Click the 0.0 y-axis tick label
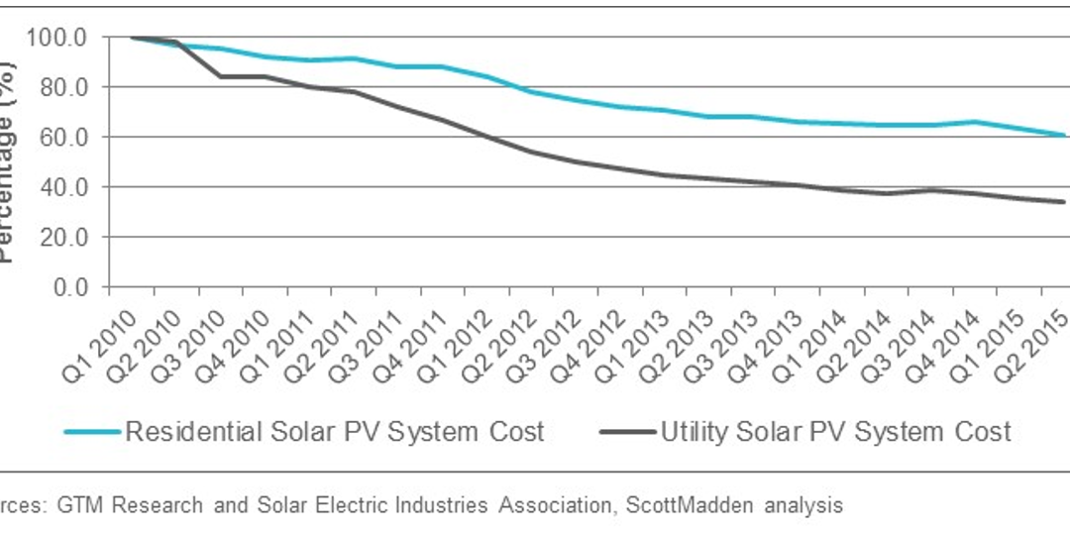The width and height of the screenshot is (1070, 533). pos(72,287)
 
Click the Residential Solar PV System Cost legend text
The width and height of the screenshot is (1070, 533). pos(334,432)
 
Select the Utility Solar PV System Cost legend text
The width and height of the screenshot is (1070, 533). pos(835,432)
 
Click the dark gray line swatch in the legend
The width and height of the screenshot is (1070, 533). pos(627,432)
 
